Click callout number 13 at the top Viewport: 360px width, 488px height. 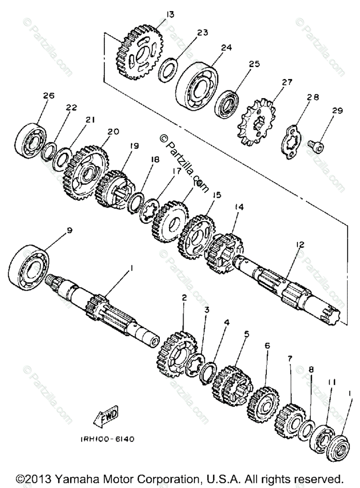[170, 15]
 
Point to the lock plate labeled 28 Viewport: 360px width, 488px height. [292, 138]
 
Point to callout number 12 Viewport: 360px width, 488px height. [300, 245]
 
